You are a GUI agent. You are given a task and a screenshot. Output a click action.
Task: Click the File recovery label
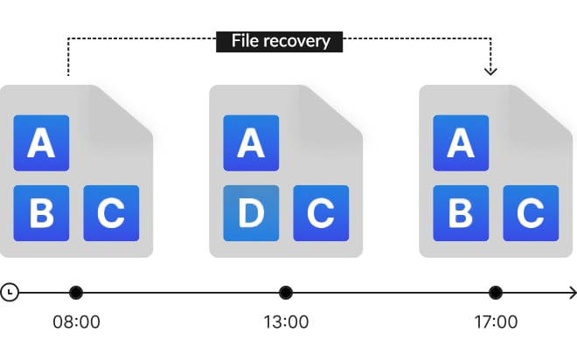pos(280,40)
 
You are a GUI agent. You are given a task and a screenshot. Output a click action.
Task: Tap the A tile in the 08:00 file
pos(41,142)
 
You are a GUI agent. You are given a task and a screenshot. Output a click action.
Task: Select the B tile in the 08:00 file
pos(41,213)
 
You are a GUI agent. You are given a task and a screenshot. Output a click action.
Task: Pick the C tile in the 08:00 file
pos(111,213)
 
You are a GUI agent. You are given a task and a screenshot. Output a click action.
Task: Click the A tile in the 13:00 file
pos(251,142)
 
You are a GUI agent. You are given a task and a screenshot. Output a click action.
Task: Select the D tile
pos(251,213)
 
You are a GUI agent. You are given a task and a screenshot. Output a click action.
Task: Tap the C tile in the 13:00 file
pos(321,213)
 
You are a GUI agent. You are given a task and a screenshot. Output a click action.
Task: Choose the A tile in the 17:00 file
pos(461,142)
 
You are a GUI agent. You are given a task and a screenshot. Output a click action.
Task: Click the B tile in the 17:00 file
pos(461,213)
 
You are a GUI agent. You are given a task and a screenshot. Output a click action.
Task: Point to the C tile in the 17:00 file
pos(531,213)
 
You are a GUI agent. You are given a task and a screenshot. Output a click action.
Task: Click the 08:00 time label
pos(76,322)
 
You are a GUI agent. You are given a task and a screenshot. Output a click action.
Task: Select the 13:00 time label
pos(286,322)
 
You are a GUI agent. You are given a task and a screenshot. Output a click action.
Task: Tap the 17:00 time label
pos(496,322)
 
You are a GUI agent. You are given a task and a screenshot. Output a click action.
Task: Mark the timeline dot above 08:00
pos(76,292)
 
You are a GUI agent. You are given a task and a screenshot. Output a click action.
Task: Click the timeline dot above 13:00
pos(286,292)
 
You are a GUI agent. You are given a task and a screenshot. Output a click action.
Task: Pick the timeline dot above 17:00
pos(496,292)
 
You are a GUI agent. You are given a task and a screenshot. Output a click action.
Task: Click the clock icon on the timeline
pos(9,292)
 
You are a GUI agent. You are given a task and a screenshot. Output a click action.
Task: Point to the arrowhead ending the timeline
pos(571,292)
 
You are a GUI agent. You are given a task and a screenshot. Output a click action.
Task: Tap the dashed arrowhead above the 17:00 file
pos(490,70)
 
